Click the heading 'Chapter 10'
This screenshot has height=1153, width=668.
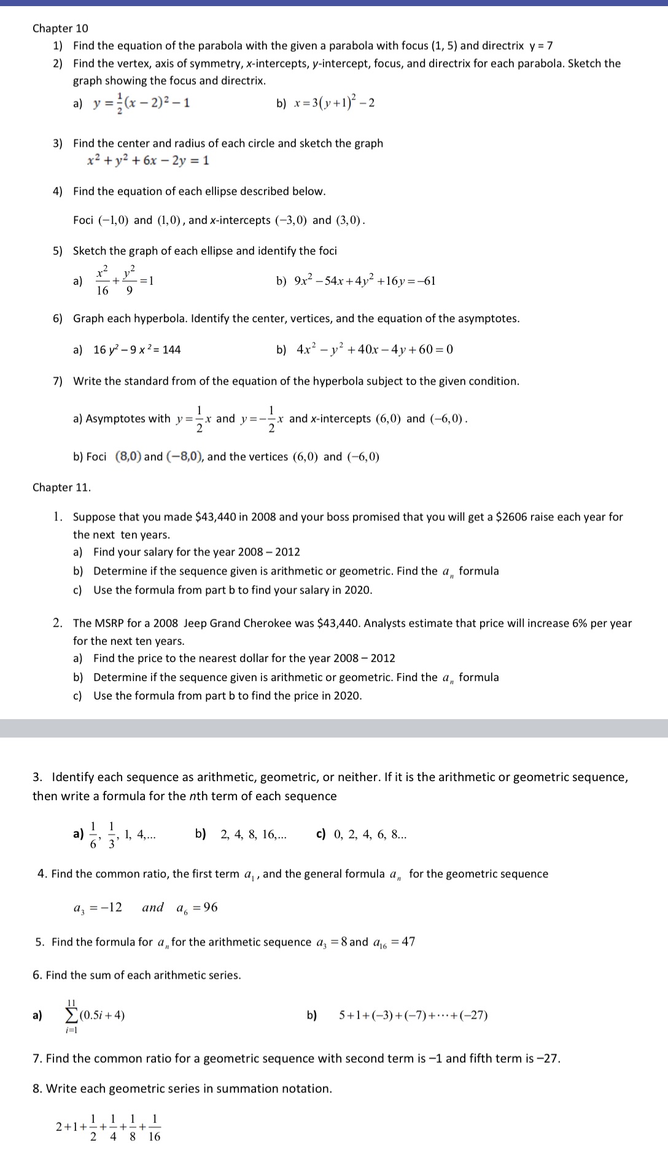pos(60,28)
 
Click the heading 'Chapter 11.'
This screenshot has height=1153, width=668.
pos(61,487)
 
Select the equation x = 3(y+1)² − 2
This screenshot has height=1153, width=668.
pos(334,102)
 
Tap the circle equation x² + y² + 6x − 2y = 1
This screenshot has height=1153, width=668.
pos(148,161)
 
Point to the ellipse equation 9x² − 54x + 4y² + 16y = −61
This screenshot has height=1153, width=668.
pos(365,282)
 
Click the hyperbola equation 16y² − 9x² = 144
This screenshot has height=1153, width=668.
pos(137,350)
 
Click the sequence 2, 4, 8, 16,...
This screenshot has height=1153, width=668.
pos(253,835)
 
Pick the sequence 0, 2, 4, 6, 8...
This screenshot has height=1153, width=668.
pos(370,835)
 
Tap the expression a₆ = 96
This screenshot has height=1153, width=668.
pos(196,908)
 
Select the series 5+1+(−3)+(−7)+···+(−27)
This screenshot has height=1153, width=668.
pos(413,1015)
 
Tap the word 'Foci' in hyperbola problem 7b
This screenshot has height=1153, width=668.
pos(96,457)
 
